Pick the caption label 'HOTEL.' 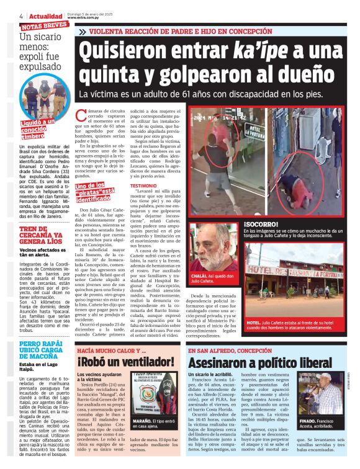coord(254,323)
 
